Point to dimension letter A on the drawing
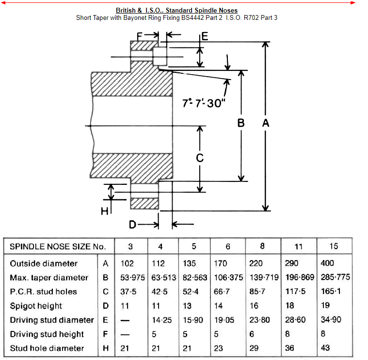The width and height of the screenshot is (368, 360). tap(266, 124)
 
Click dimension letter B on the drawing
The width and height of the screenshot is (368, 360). tap(241, 124)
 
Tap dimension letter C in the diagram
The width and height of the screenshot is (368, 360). tap(199, 158)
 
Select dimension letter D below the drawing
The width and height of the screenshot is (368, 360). tap(132, 225)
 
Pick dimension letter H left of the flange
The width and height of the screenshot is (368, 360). tap(104, 211)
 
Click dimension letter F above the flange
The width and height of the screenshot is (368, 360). tap(140, 36)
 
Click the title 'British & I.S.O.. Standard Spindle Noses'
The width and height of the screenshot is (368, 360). tap(176, 10)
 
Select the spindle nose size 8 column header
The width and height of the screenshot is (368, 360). tap(262, 245)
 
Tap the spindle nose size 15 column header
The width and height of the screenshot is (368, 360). tap(334, 246)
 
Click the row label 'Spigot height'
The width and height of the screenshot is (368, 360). tap(36, 306)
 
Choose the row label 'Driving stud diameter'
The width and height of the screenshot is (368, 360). tap(52, 320)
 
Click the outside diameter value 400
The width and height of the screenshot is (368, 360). tap(328, 263)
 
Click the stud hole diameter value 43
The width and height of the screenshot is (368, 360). tap(325, 348)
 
